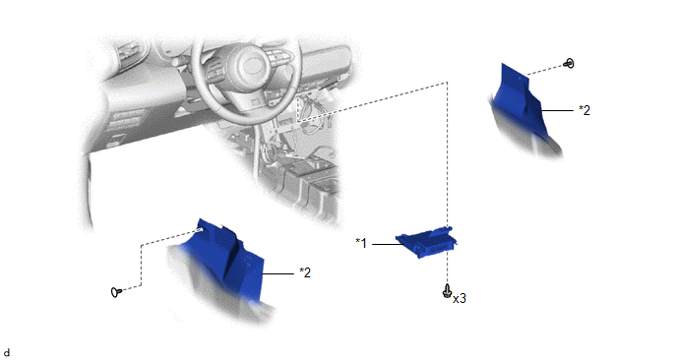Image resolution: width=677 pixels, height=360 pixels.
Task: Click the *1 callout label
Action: click(x=361, y=243)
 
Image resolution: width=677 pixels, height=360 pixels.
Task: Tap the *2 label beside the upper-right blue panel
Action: click(x=585, y=110)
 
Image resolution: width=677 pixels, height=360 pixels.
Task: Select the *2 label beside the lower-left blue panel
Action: click(x=305, y=272)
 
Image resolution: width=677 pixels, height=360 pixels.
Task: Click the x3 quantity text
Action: click(x=460, y=298)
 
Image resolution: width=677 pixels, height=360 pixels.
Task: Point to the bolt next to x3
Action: click(x=447, y=291)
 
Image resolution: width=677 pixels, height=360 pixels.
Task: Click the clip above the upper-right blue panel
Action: click(x=569, y=64)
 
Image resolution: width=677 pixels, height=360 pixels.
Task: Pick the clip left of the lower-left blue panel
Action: click(x=116, y=292)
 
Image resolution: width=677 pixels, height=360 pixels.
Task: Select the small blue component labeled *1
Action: click(x=427, y=242)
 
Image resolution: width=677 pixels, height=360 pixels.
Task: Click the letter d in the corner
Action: click(x=6, y=353)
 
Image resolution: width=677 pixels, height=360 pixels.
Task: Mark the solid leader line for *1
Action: click(x=388, y=244)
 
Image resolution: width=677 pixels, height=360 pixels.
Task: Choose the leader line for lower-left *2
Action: click(x=278, y=273)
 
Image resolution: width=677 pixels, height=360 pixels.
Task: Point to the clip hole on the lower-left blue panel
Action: click(x=200, y=229)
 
